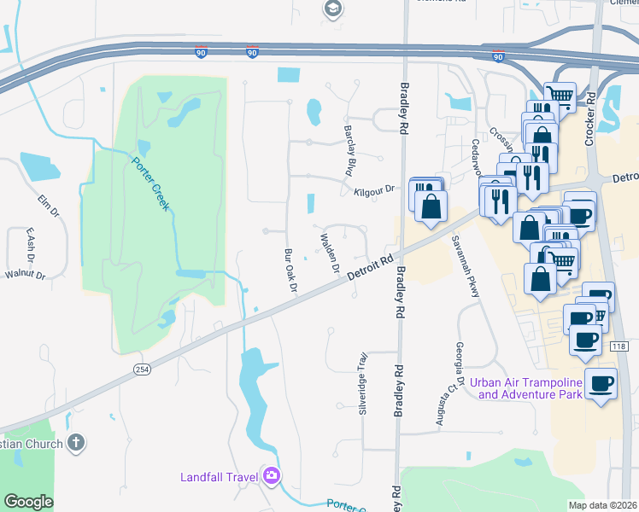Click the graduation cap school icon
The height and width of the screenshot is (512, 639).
(332, 9)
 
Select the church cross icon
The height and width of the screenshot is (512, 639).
(76, 443)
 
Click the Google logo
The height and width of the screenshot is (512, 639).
(28, 502)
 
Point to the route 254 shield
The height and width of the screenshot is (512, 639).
(142, 369)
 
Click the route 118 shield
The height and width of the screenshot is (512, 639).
(619, 346)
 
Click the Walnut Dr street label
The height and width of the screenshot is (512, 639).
(24, 275)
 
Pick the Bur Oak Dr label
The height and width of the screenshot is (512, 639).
(290, 271)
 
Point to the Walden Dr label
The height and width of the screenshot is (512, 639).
(330, 253)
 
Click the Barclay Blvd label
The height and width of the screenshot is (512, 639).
(349, 152)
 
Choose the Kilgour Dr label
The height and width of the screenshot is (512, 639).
(375, 191)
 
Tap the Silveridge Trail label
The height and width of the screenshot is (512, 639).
(363, 383)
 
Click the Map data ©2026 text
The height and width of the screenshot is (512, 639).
(602, 505)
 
